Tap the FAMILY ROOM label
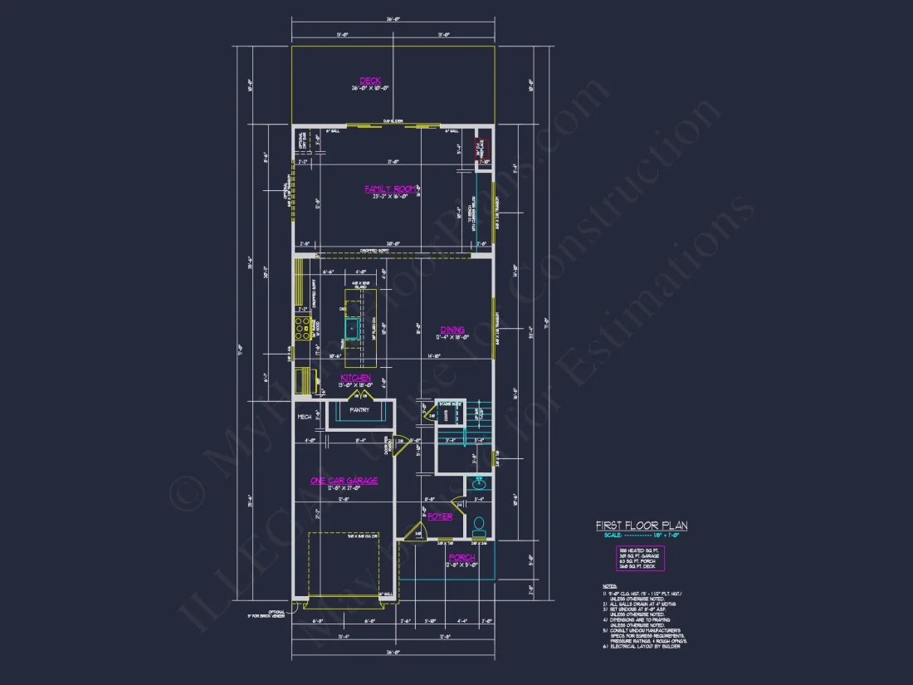tap(390, 189)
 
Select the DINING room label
tap(452, 330)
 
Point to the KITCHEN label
tap(355, 378)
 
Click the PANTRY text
tap(359, 409)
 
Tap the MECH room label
tap(305, 417)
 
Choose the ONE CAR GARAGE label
tap(344, 480)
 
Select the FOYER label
tap(440, 516)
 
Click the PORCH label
tap(461, 557)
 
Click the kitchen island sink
tap(353, 329)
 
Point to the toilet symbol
tap(479, 525)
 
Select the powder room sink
tap(479, 483)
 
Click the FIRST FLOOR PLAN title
tap(642, 526)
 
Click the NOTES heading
tap(610, 586)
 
